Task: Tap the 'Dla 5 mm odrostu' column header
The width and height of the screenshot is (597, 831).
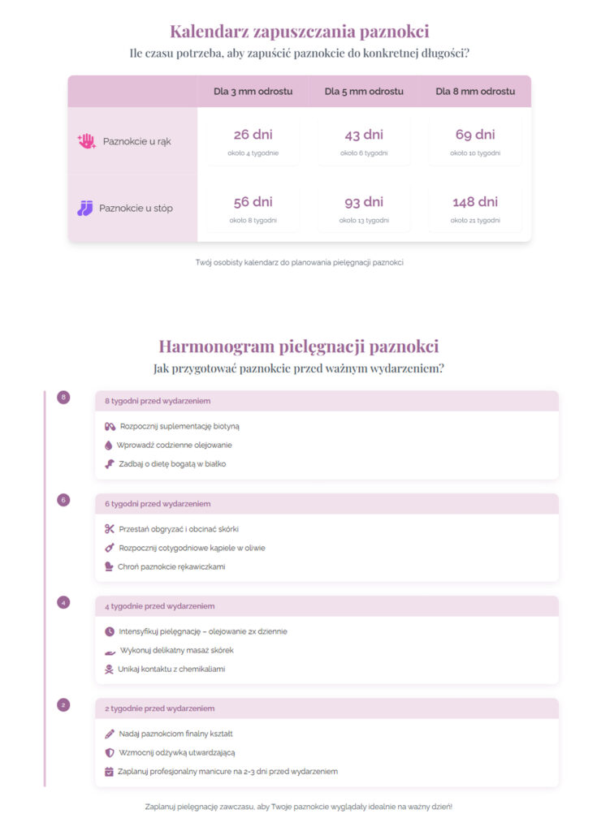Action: point(364,92)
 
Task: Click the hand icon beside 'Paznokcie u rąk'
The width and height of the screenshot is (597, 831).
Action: point(86,141)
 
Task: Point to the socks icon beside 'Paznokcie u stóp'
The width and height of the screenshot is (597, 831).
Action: point(85,209)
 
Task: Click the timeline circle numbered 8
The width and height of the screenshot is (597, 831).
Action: point(64,398)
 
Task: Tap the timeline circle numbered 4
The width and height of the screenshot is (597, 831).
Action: point(64,603)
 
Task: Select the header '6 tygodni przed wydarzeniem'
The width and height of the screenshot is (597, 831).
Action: point(158,504)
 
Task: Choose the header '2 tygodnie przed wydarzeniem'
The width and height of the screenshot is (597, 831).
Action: point(159,708)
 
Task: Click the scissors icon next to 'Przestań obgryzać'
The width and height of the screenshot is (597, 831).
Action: point(110,529)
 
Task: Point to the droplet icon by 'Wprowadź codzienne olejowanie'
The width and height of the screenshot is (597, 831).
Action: point(109,446)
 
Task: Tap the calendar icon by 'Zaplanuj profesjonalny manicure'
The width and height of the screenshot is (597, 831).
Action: point(110,772)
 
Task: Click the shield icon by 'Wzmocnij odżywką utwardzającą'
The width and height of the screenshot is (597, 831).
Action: point(110,753)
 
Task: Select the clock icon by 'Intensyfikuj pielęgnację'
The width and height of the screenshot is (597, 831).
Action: point(110,631)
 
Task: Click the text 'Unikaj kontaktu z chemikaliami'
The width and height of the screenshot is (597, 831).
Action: point(171,670)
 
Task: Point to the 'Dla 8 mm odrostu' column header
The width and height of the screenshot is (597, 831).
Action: point(475,92)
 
